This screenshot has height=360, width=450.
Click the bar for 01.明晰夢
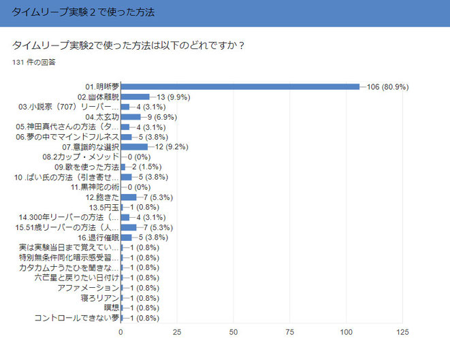point(240,87)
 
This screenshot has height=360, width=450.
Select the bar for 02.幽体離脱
point(135,97)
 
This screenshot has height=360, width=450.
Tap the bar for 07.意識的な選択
point(133,146)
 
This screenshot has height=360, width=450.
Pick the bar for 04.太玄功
point(131,116)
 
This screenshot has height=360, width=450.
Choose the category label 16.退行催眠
point(98,237)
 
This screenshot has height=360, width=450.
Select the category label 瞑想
point(111,307)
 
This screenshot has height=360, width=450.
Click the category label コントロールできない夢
point(77,317)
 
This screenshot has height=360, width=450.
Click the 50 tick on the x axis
point(234,332)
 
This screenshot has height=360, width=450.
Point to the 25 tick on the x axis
point(177,332)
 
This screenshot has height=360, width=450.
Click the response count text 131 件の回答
point(34,62)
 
